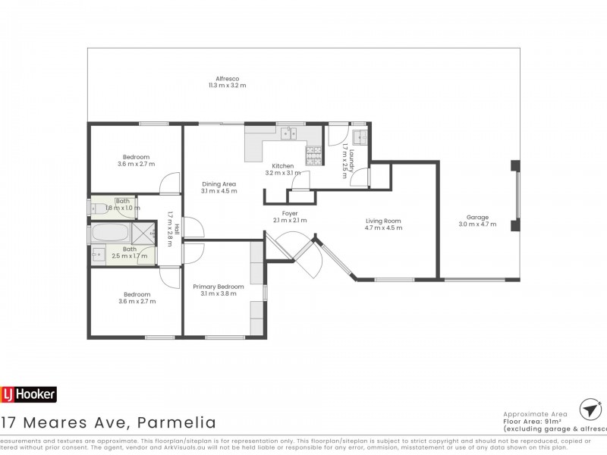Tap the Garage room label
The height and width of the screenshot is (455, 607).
(x=477, y=216)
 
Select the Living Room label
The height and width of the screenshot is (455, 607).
(x=382, y=221)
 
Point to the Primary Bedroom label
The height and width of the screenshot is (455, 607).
(x=219, y=286)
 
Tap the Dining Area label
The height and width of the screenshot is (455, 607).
(x=219, y=184)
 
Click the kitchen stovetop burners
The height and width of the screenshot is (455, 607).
(x=313, y=155)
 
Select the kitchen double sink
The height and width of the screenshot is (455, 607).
(x=288, y=135)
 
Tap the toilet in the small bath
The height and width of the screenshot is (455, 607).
(x=100, y=206)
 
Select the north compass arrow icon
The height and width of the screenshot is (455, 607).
(x=588, y=409)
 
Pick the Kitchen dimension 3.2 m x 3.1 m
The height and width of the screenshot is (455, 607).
(x=283, y=173)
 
